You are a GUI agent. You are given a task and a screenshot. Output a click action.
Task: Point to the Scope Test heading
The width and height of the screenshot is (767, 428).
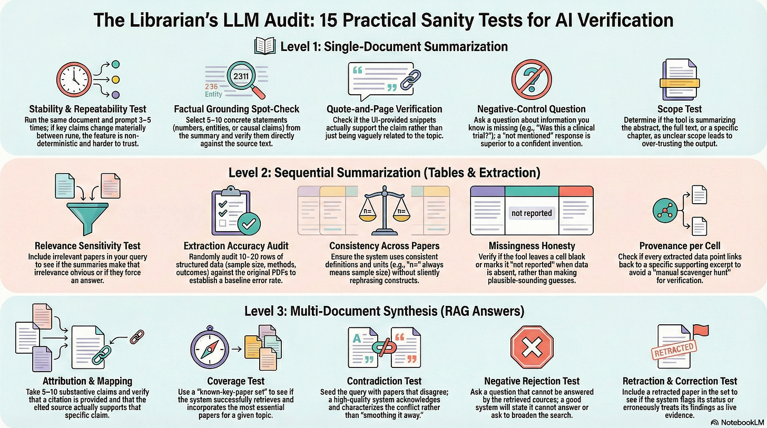[x=683, y=109]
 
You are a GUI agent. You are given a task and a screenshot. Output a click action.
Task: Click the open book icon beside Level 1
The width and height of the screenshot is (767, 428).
[x=265, y=46]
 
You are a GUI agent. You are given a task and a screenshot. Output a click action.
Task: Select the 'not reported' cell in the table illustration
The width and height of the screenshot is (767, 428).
[x=532, y=213]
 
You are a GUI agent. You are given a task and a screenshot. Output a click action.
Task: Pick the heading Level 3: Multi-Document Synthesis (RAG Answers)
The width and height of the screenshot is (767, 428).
[x=384, y=311]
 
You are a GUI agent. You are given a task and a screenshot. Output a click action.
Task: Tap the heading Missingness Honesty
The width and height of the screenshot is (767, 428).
[x=532, y=245]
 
